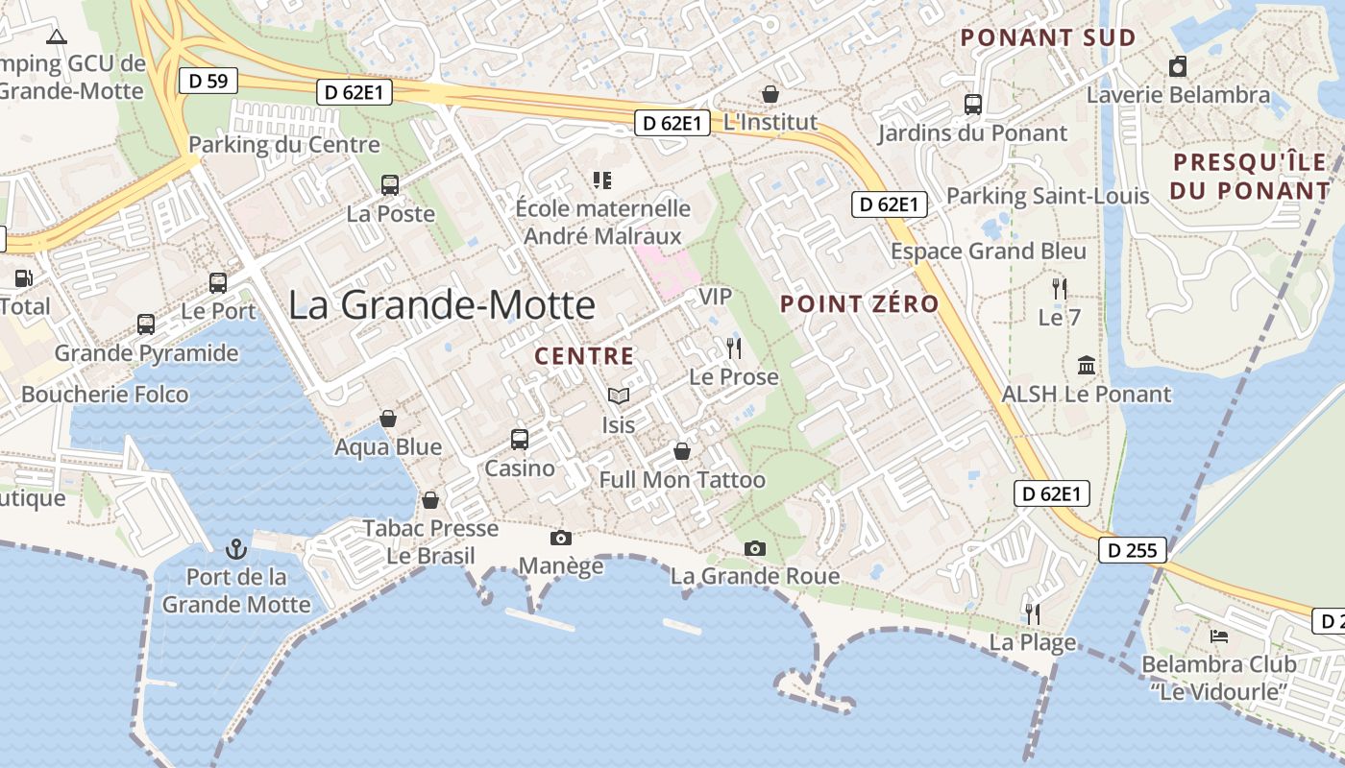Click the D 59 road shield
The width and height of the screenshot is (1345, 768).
point(208,81)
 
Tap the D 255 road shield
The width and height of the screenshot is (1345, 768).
point(1133,550)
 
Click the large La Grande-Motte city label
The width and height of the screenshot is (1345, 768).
point(442,305)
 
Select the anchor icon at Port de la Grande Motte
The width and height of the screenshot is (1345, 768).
point(235,550)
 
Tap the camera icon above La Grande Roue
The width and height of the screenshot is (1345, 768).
point(755,548)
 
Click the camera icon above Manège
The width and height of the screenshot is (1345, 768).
point(560,538)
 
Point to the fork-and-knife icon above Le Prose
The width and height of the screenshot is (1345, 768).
point(734,348)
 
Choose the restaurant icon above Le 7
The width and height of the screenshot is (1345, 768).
point(1060,288)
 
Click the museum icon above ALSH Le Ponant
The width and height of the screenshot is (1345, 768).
point(1087,365)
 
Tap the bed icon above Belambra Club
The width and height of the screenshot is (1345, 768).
point(1218,636)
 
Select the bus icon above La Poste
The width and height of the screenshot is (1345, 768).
point(390,185)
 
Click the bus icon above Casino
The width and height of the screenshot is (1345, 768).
point(520,440)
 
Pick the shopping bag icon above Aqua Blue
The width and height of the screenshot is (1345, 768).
point(388,419)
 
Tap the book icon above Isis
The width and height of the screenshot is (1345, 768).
point(619,396)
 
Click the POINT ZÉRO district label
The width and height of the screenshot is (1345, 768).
point(859,304)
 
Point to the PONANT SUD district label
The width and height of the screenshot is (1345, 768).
point(1048,38)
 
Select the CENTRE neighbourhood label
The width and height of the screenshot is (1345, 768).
point(584,356)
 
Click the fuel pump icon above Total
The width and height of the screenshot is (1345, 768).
point(22,278)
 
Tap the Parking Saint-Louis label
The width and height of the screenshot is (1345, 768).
point(1047,197)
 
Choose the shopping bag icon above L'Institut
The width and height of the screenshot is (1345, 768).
point(770,94)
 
